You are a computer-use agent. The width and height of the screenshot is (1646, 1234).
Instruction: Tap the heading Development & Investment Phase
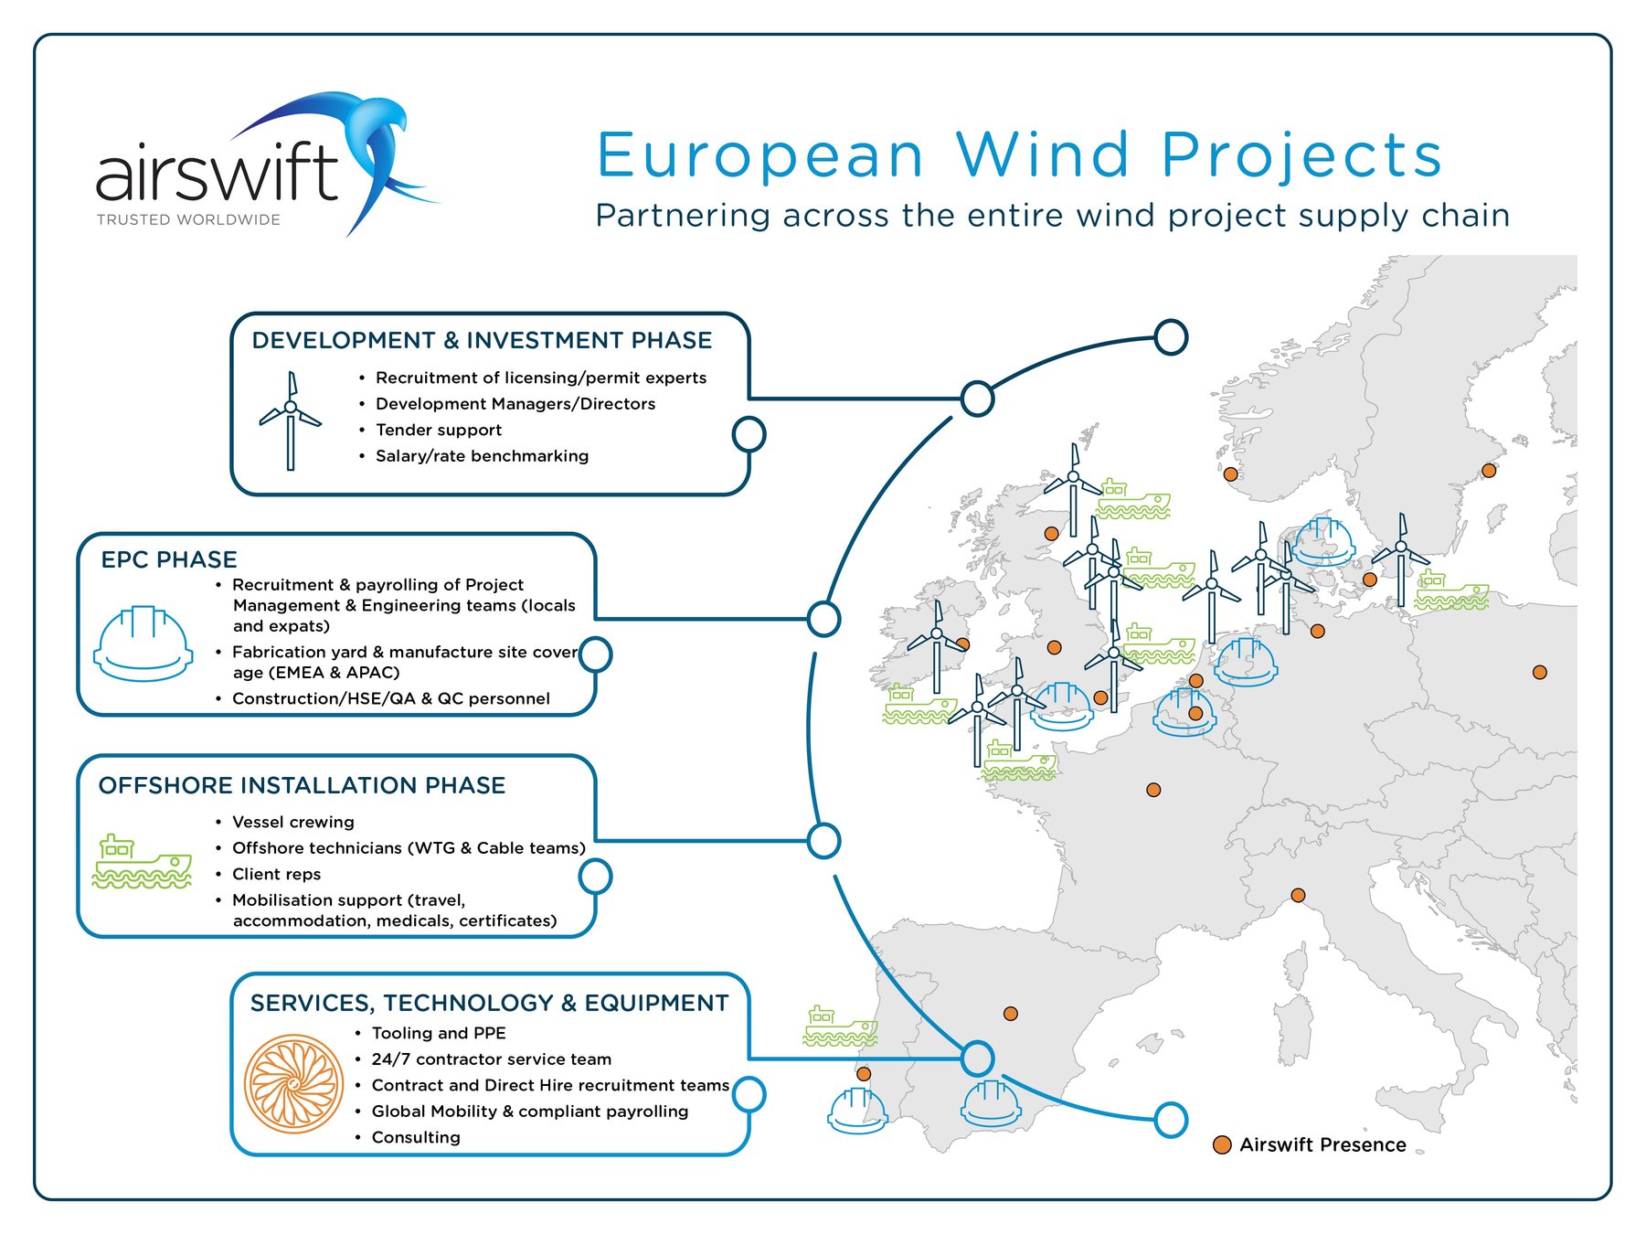[x=482, y=340]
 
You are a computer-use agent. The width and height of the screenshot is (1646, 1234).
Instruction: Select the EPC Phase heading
[x=169, y=559]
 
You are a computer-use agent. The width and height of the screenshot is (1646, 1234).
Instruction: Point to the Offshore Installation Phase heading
[x=302, y=785]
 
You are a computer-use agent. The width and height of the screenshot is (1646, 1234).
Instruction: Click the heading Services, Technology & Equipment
[x=489, y=1003]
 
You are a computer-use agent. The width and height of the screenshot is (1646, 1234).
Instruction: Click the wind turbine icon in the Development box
[x=291, y=420]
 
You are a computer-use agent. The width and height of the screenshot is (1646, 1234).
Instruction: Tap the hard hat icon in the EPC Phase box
[x=143, y=644]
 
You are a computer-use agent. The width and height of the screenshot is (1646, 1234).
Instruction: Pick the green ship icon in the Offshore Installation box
[x=142, y=861]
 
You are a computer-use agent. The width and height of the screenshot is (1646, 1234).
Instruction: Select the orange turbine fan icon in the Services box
[x=293, y=1084]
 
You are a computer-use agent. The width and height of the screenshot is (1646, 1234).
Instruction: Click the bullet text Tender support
[x=439, y=430]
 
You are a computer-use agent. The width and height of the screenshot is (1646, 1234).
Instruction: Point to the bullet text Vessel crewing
[x=293, y=822]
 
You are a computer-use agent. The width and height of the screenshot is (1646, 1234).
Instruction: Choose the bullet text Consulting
[x=416, y=1137]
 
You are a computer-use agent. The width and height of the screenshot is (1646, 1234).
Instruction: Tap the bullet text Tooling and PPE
[x=439, y=1033]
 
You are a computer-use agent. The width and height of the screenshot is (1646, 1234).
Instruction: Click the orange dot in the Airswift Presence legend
[x=1222, y=1145]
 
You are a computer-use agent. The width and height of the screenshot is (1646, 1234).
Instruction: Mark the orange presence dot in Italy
[x=1298, y=895]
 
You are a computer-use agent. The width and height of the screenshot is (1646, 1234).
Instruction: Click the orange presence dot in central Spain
[x=1011, y=1014]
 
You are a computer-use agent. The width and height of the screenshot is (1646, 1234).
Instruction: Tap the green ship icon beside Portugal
[x=840, y=1027]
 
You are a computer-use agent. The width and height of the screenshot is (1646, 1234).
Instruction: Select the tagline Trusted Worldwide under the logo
[x=188, y=219]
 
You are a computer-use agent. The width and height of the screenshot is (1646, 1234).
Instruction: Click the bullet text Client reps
[x=277, y=874]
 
